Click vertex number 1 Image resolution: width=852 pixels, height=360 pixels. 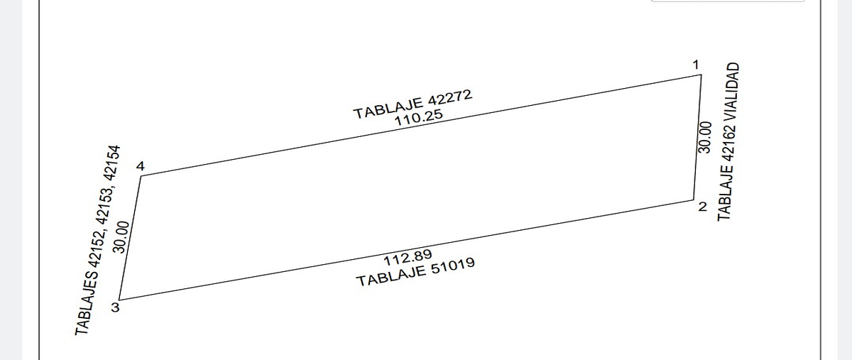tap(696, 65)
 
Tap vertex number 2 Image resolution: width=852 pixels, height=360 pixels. tap(702, 207)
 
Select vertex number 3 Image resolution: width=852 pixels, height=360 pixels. tap(115, 307)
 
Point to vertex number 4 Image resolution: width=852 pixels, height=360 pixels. tap(141, 166)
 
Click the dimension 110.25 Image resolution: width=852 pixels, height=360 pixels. tap(419, 118)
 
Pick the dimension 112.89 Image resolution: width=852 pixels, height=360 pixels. tap(408, 258)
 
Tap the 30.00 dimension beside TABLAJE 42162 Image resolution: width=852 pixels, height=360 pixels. tap(705, 137)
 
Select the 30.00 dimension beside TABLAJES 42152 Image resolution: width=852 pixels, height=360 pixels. tap(121, 237)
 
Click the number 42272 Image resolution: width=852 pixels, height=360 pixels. tap(450, 97)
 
